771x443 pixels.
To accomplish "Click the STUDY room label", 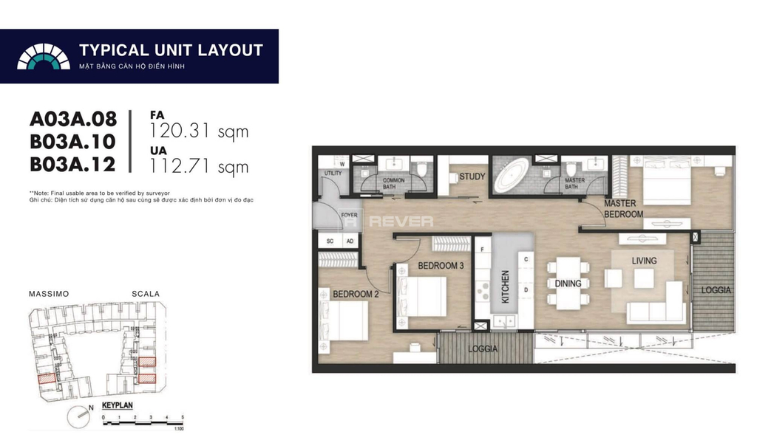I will pos(472,176).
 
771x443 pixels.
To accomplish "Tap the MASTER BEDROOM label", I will pos(623,209).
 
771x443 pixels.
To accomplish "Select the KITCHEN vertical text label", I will pos(506,287).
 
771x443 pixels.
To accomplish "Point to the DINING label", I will pos(568,284).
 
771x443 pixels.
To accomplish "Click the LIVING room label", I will pos(644,261).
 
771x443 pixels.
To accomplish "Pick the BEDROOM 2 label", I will pos(356,294).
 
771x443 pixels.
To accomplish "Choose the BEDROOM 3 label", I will pos(441,266).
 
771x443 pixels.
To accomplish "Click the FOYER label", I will pos(348,216).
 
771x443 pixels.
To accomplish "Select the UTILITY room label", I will pos(333,173).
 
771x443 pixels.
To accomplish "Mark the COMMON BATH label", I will pos(393,184).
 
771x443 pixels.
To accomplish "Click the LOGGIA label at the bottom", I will pos(482,349).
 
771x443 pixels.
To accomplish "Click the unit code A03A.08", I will pos(73,120).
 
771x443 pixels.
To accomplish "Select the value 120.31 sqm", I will pos(199,132).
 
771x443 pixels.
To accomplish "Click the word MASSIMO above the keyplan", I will pos(49,294).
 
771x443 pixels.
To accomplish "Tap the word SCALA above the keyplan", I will pos(146,294).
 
